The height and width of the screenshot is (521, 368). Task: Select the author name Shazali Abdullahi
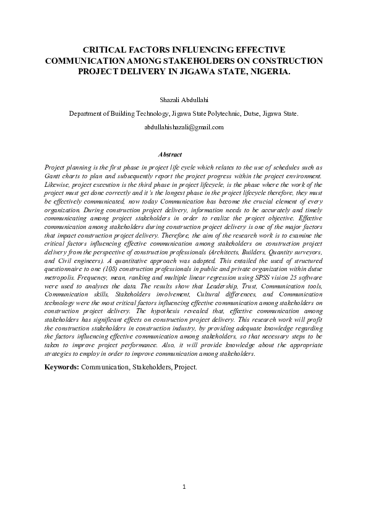click(x=184, y=99)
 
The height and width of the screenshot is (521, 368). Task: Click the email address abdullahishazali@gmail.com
click(x=184, y=126)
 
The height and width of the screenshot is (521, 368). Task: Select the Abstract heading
click(x=169, y=153)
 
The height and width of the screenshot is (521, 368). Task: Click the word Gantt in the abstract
click(x=55, y=176)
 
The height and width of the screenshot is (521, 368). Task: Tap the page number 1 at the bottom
click(x=184, y=486)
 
